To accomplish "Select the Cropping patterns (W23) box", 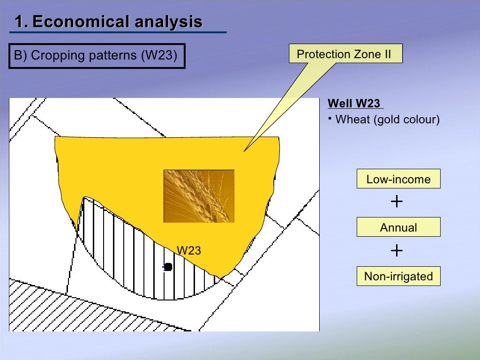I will tap(97, 56).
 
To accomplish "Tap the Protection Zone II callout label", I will tap(346, 54).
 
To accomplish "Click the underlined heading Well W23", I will tap(354, 104).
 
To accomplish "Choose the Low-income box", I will tap(398, 179).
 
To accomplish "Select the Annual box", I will tap(398, 228).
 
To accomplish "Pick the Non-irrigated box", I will tap(398, 277).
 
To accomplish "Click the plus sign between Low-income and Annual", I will tap(397, 202).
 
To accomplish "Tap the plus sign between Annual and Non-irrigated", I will tap(397, 251).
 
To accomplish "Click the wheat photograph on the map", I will tap(199, 196).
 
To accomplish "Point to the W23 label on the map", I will tap(188, 251).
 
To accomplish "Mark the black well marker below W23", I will tap(168, 267).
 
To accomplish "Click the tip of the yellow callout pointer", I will tap(244, 151).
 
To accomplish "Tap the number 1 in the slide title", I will tap(18, 22).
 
